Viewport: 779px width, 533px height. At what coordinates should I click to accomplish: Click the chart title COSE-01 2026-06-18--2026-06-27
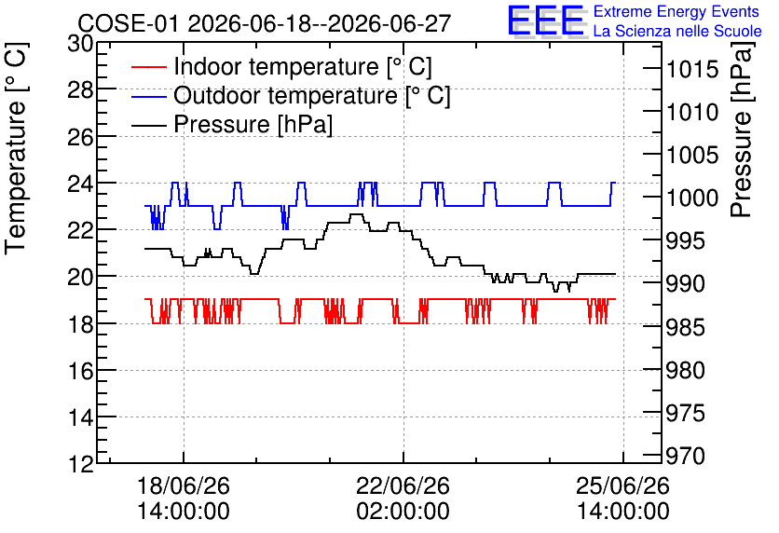coord(265,23)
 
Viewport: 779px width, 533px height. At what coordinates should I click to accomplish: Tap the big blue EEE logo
coord(546,20)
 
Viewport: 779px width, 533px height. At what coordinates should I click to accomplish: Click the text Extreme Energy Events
coord(676,11)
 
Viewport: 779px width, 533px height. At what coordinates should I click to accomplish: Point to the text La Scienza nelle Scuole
coord(677,31)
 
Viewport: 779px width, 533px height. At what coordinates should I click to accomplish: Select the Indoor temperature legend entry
coord(281,66)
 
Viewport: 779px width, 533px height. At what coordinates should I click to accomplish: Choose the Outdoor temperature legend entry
coord(291,95)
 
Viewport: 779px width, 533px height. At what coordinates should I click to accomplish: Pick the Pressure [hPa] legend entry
coord(232,124)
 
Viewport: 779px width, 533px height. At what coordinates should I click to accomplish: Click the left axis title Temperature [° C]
coord(16,148)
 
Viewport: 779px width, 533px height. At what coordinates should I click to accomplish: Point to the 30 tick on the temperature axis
coord(80,44)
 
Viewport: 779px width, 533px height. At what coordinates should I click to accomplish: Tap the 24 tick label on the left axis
coord(80,184)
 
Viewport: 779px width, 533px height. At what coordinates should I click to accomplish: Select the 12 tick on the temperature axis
coord(80,464)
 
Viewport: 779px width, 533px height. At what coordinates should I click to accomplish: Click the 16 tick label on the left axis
coord(80,371)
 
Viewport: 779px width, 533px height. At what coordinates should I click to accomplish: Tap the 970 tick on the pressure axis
coord(685,456)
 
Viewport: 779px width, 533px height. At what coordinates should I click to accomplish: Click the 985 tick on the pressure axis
coord(685,327)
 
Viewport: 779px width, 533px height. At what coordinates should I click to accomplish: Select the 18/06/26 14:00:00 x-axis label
coord(184,499)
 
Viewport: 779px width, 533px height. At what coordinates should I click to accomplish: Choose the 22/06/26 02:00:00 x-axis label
coord(403,499)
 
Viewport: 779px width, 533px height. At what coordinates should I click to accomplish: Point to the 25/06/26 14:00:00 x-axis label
coord(623,499)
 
